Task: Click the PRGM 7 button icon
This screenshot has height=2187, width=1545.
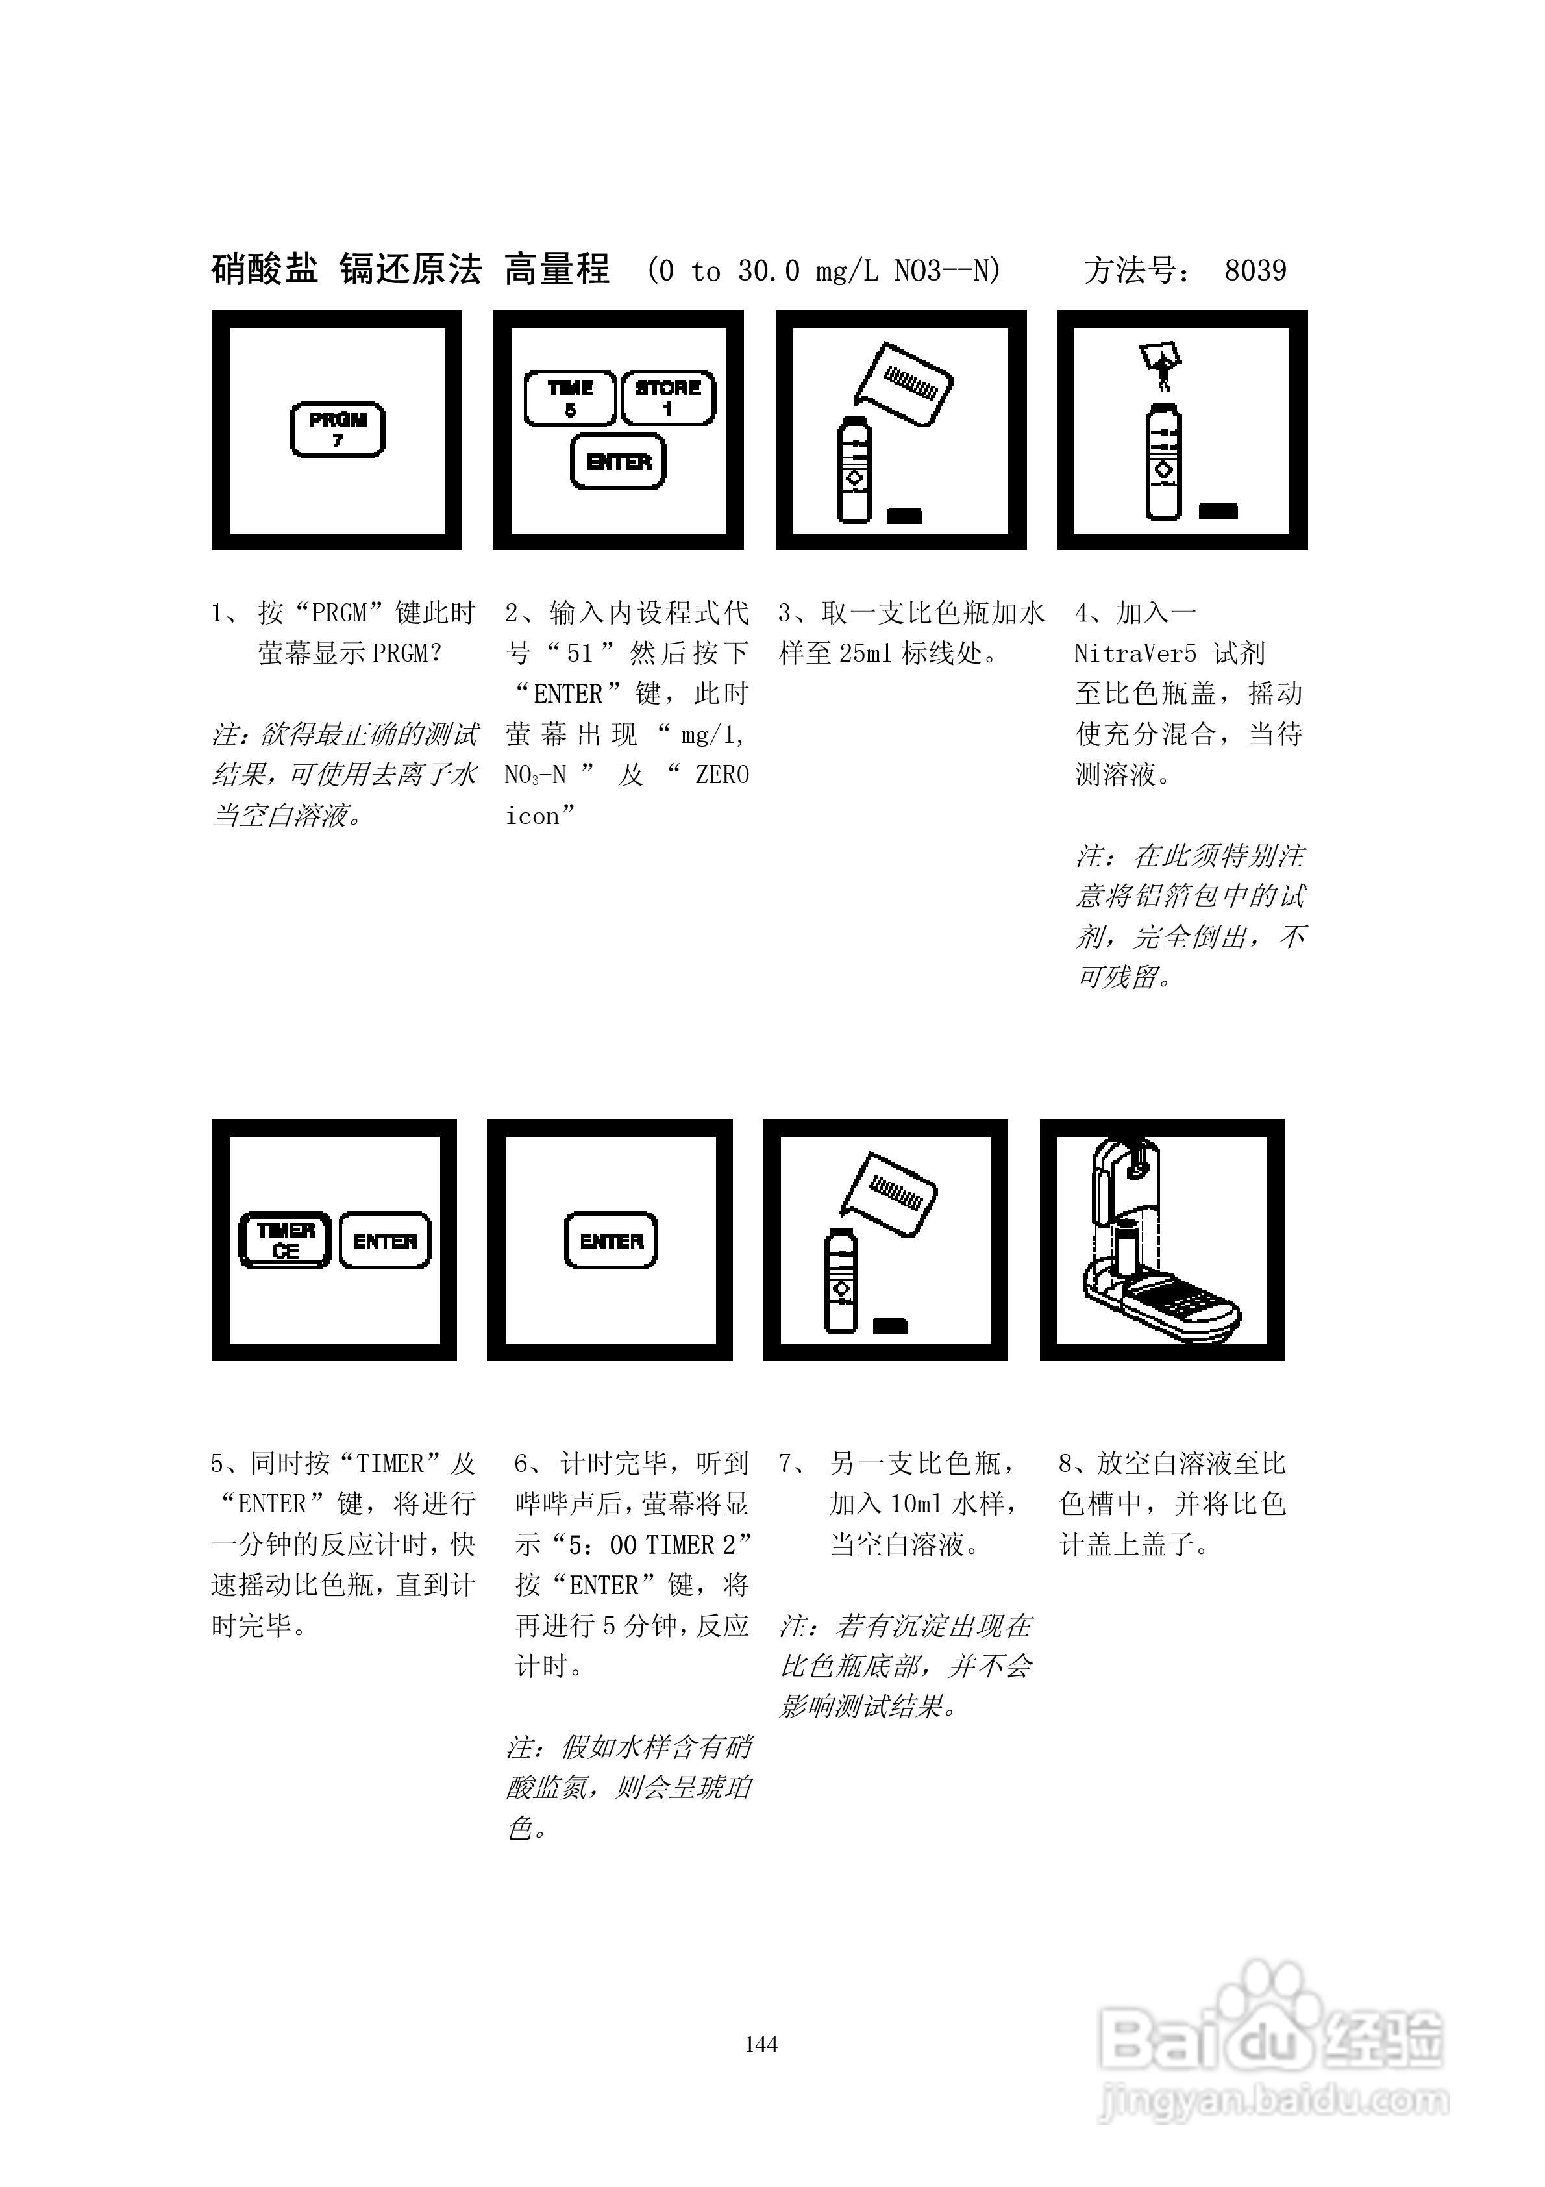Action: [x=337, y=430]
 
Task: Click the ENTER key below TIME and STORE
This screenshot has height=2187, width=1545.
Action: [x=618, y=462]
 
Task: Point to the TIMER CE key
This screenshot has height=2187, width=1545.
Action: [x=285, y=1240]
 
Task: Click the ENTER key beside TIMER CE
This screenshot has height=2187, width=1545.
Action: [x=385, y=1240]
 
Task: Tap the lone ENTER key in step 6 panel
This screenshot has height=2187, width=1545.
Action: [x=611, y=1240]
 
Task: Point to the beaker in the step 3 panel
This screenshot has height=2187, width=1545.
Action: [x=905, y=382]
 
